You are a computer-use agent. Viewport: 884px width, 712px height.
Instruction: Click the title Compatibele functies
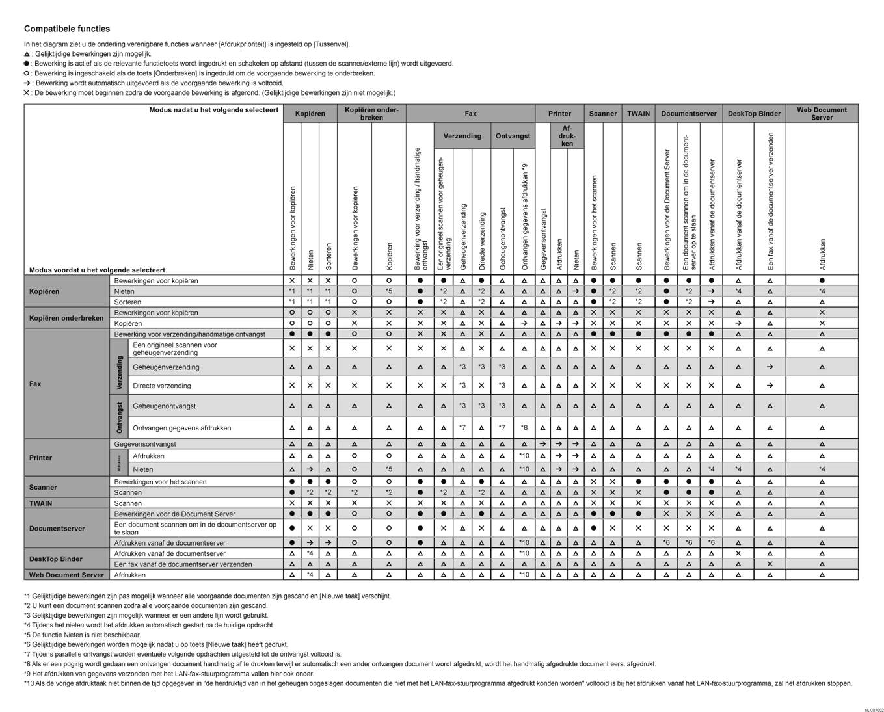(67, 29)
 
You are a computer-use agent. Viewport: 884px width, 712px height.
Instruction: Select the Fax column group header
(470, 114)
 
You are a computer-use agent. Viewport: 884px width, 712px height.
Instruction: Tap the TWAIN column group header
(638, 114)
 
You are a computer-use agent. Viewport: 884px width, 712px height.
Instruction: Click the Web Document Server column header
(822, 114)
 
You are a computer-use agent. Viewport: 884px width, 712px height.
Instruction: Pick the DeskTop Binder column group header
(753, 114)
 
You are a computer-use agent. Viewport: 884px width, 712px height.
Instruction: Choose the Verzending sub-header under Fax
(462, 137)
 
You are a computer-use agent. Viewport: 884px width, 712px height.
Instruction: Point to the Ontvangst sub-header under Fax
(513, 137)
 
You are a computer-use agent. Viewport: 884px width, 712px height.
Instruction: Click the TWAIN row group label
(40, 503)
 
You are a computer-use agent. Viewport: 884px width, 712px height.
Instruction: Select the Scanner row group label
(43, 487)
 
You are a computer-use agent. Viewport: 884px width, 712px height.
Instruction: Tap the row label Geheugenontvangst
(164, 406)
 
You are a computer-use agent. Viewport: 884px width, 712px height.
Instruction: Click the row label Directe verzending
(161, 386)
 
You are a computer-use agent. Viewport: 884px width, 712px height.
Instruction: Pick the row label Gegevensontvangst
(145, 444)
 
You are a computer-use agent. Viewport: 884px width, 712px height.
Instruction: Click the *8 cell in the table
(524, 428)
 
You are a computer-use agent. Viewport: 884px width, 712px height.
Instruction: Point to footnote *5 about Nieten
(83, 635)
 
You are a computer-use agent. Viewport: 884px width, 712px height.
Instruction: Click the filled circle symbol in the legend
(27, 64)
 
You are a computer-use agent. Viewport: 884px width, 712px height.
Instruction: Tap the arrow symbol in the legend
(27, 83)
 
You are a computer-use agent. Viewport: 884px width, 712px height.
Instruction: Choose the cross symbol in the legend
(27, 93)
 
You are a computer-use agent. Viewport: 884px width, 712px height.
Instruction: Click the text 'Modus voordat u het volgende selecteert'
(97, 270)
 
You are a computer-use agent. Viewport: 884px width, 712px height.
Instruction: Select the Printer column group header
(559, 114)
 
